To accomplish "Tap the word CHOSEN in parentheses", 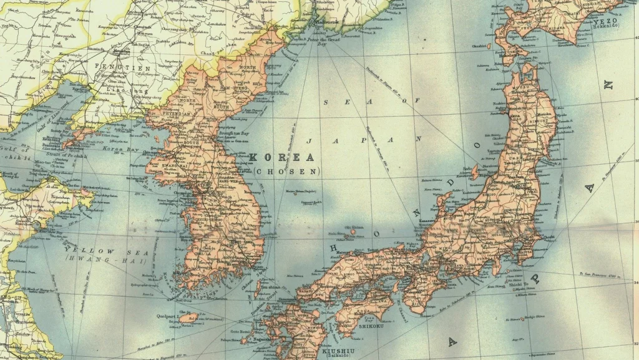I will click(287, 170).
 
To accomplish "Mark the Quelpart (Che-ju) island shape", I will click(190, 318).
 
